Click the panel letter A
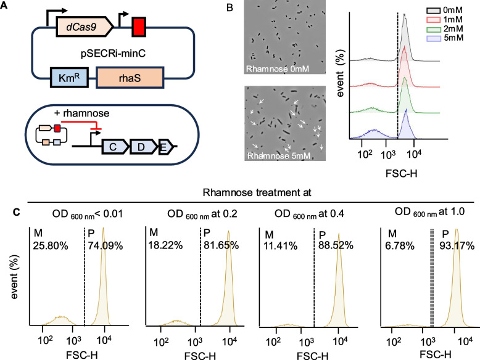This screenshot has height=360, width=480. tap(6, 8)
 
